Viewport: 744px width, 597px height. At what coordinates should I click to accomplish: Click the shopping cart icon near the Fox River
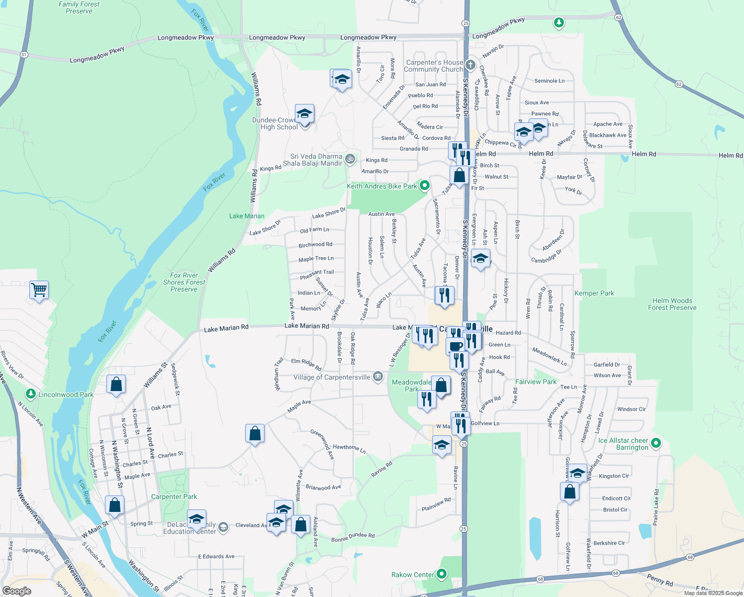tap(39, 289)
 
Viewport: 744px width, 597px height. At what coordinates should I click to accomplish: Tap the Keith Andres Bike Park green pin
tap(424, 186)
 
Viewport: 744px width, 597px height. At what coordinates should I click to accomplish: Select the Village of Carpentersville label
tap(332, 377)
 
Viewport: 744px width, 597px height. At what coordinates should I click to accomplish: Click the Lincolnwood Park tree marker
tap(31, 395)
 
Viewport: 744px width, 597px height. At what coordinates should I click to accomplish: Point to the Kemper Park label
tap(594, 293)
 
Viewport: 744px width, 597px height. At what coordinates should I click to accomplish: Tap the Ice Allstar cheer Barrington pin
tap(655, 443)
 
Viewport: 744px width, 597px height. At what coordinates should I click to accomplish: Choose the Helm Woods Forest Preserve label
tap(672, 304)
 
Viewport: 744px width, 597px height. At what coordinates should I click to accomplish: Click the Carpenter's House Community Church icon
tap(470, 66)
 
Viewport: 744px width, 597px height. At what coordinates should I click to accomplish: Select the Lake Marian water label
tap(247, 216)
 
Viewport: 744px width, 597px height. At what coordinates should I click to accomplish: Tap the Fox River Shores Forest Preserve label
tap(184, 282)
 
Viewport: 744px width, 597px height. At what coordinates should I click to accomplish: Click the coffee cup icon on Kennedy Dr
tap(455, 346)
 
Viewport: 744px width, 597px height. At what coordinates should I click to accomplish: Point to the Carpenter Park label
tap(174, 497)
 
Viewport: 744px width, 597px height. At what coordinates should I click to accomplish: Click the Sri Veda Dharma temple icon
tap(350, 159)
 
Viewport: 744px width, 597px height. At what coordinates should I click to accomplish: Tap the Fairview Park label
tap(536, 382)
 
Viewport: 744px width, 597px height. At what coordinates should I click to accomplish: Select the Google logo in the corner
tap(16, 591)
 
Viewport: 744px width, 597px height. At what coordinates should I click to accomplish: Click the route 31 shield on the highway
tap(24, 54)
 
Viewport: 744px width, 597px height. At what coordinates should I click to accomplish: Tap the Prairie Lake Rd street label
tap(656, 507)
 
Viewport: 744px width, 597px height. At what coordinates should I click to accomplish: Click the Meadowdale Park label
tap(411, 386)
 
